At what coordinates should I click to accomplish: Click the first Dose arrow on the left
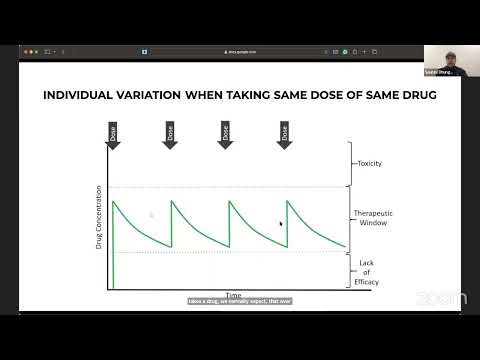coord(112,134)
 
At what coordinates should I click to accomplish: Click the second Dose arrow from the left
coord(170,134)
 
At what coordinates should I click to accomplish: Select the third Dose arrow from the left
coord(228,134)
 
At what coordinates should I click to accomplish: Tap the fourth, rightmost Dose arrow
coord(285,134)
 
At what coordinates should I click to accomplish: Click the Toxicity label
coord(370,163)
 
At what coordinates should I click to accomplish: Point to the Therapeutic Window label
coord(371,218)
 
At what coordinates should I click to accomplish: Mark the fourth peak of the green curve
coord(287,201)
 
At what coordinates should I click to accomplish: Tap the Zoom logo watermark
coord(440,297)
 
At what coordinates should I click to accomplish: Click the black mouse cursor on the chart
coord(281,224)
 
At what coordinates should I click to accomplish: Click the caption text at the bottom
coord(238,300)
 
